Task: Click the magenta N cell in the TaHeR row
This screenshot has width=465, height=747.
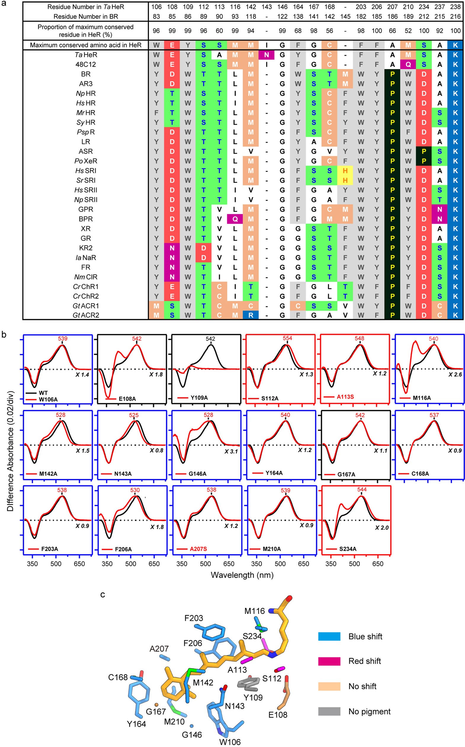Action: [x=266, y=55]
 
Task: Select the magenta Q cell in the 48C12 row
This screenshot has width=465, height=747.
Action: [x=408, y=64]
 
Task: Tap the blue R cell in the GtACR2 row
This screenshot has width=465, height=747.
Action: [x=251, y=315]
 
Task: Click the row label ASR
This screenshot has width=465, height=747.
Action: [x=86, y=151]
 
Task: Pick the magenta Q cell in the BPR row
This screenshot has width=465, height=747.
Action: [x=235, y=219]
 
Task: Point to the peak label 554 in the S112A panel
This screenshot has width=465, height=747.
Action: [x=287, y=338]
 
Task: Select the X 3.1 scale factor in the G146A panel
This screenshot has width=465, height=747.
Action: [x=231, y=451]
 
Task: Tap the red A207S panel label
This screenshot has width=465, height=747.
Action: [x=198, y=549]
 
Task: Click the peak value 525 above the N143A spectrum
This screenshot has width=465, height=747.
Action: [x=134, y=415]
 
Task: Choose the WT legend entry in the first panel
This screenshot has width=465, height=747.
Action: [x=43, y=393]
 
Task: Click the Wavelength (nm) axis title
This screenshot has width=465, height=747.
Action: [x=242, y=575]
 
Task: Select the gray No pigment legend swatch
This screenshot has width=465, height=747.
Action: [x=329, y=711]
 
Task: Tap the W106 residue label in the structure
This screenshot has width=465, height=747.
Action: [x=230, y=742]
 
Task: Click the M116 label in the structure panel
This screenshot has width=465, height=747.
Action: [x=254, y=611]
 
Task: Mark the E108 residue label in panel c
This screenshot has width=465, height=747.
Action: [x=278, y=715]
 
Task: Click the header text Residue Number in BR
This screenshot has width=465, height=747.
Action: [x=86, y=16]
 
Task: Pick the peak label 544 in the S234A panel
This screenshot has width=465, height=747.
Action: [x=362, y=489]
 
